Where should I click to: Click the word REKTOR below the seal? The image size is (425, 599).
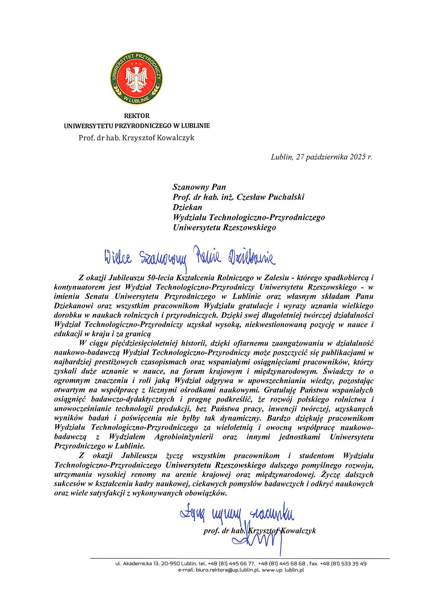coord(137,116)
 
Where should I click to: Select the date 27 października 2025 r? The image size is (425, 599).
coord(334,157)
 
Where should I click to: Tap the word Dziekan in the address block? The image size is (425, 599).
coord(187,207)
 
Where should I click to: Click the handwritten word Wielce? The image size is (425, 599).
coord(118,258)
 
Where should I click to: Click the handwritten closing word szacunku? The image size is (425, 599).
coord(272,515)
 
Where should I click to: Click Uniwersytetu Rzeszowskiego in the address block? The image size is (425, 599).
coord(224,227)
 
